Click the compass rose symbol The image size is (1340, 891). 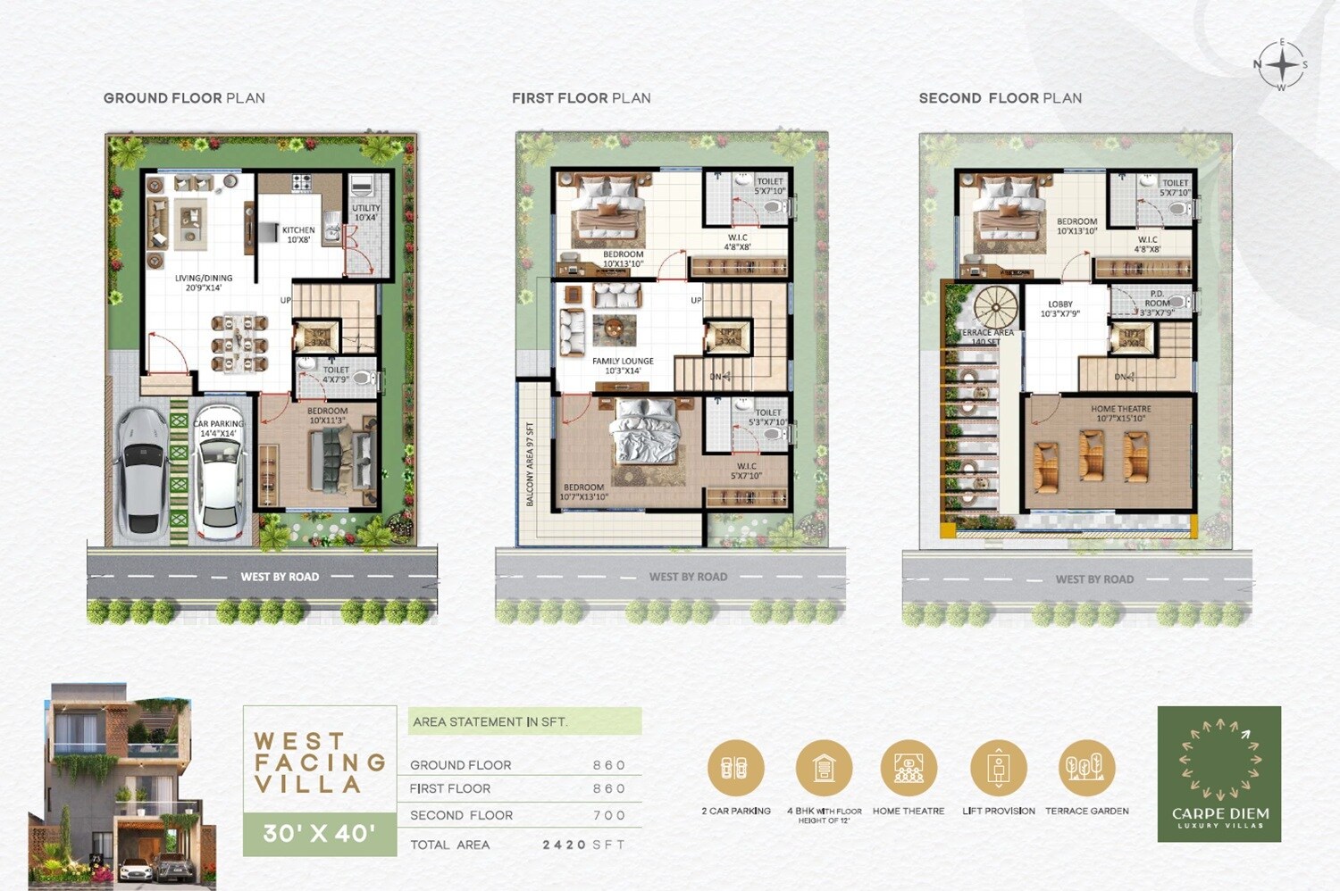coord(1282,65)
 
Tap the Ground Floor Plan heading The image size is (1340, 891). coord(184,98)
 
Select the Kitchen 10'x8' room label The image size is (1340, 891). coord(298,235)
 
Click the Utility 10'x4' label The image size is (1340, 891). coord(365,212)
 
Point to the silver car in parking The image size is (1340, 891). coord(143,470)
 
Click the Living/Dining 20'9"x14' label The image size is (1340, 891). coord(204,283)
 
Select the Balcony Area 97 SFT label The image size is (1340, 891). coord(530,464)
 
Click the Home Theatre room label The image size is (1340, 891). coord(1120,413)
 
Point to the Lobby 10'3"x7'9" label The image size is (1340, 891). coord(1060,309)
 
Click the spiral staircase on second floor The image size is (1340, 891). coord(995,307)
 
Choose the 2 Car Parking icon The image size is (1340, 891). coord(735,768)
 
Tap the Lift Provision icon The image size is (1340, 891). coord(998,768)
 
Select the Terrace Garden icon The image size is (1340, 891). coord(1086,768)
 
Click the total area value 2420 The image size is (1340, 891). coord(564,845)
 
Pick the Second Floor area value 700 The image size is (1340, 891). coord(609,815)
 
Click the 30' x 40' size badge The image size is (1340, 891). coord(319,834)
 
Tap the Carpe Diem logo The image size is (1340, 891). coord(1219,774)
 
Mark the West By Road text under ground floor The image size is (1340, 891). coord(280,577)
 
